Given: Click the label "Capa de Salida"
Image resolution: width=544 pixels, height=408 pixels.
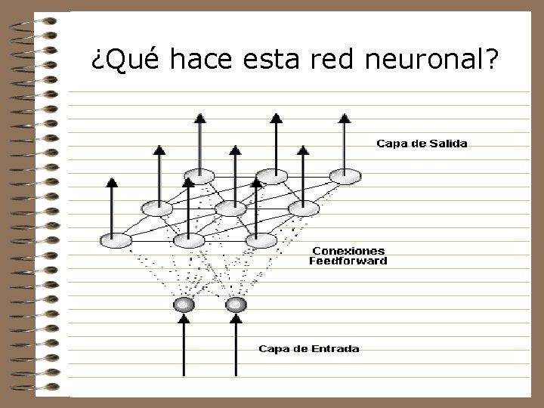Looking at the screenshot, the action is click(x=422, y=144).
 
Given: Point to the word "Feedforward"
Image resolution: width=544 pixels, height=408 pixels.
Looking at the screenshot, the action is click(x=348, y=261).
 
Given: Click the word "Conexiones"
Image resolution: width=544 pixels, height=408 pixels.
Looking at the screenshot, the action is click(x=348, y=251).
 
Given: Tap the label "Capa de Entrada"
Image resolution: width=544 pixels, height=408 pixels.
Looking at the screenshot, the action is click(x=309, y=348).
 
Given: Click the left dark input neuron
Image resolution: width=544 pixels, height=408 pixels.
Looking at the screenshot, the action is click(x=184, y=305).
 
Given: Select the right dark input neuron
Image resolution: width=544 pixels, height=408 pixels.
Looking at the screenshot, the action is click(x=236, y=305).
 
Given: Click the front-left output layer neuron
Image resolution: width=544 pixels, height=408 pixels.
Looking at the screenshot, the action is click(x=115, y=240).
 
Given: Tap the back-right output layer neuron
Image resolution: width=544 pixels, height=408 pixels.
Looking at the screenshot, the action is click(x=344, y=177).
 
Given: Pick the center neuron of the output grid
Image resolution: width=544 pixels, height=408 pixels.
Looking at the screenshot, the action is click(x=230, y=208).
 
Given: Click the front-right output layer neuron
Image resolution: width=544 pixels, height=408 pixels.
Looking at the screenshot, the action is click(x=261, y=240).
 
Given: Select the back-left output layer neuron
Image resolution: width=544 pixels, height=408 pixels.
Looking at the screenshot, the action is click(x=199, y=177).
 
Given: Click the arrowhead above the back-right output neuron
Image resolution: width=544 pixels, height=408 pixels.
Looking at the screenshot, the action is click(x=344, y=117).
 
